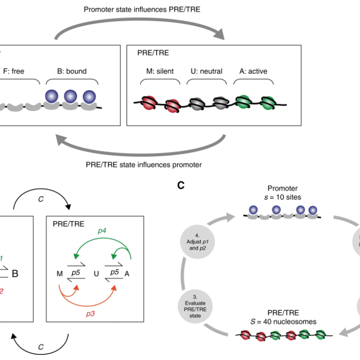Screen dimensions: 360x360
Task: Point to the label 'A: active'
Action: pyautogui.click(x=251, y=71)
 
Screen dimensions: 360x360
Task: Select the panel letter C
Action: pyautogui.click(x=181, y=185)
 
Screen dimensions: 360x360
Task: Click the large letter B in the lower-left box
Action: pyautogui.click(x=15, y=274)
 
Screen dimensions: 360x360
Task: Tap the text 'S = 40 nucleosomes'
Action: pyautogui.click(x=281, y=322)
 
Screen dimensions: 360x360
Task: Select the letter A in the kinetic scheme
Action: pyautogui.click(x=127, y=274)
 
